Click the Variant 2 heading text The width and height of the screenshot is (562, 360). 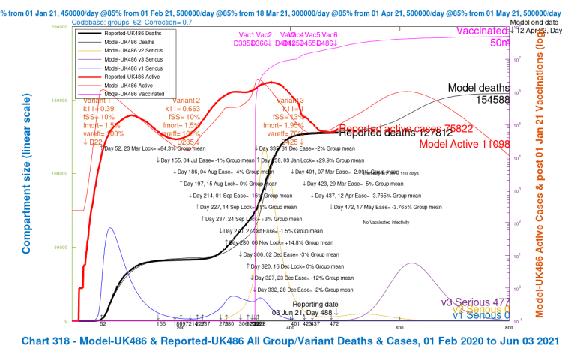(x=187, y=100)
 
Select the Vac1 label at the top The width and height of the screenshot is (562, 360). (x=246, y=35)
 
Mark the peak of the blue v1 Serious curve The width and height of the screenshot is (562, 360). (x=110, y=227)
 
